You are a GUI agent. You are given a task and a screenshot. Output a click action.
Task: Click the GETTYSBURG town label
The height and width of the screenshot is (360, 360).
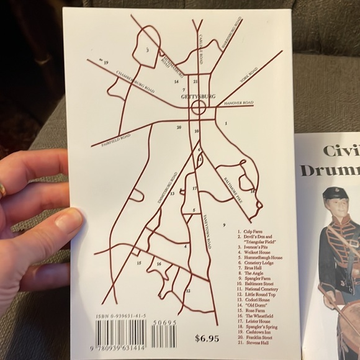pos(197,97)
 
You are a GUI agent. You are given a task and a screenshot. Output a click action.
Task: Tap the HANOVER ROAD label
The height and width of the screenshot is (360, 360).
pos(240,103)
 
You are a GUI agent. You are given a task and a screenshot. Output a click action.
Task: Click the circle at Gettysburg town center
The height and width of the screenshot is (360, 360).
pos(199,108)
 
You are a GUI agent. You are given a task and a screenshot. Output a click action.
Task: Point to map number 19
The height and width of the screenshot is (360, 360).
pos(106,63)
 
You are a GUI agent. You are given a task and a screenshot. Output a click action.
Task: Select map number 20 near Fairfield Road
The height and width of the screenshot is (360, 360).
pos(179,127)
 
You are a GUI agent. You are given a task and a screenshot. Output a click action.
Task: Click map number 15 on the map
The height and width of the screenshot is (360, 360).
pos(139,263)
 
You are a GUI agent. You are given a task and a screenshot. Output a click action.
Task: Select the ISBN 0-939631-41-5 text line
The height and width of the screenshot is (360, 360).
pos(121,316)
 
